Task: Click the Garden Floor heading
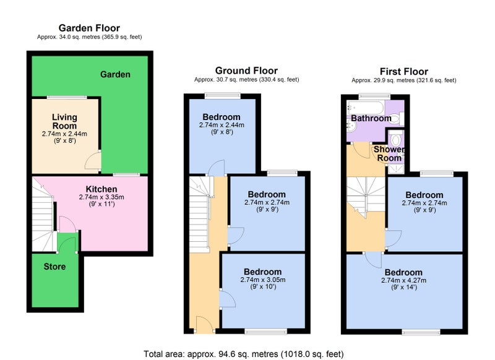pos(89,28)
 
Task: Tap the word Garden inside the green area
pos(115,74)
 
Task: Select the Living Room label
pos(64,121)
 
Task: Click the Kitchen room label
pos(101,189)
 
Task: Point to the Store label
pos(54,267)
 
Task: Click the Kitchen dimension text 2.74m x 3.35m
pos(101,197)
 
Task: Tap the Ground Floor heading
pos(246,71)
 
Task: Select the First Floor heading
pos(404,71)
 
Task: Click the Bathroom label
pos(371,118)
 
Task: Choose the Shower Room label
pos(389,153)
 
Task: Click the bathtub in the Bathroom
pos(366,108)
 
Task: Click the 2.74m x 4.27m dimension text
pos(404,280)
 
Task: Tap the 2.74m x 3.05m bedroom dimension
pos(262,280)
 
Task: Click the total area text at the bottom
pos(244,354)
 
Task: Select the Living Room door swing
pos(92,161)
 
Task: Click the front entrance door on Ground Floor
pos(204,324)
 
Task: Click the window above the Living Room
pos(67,97)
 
